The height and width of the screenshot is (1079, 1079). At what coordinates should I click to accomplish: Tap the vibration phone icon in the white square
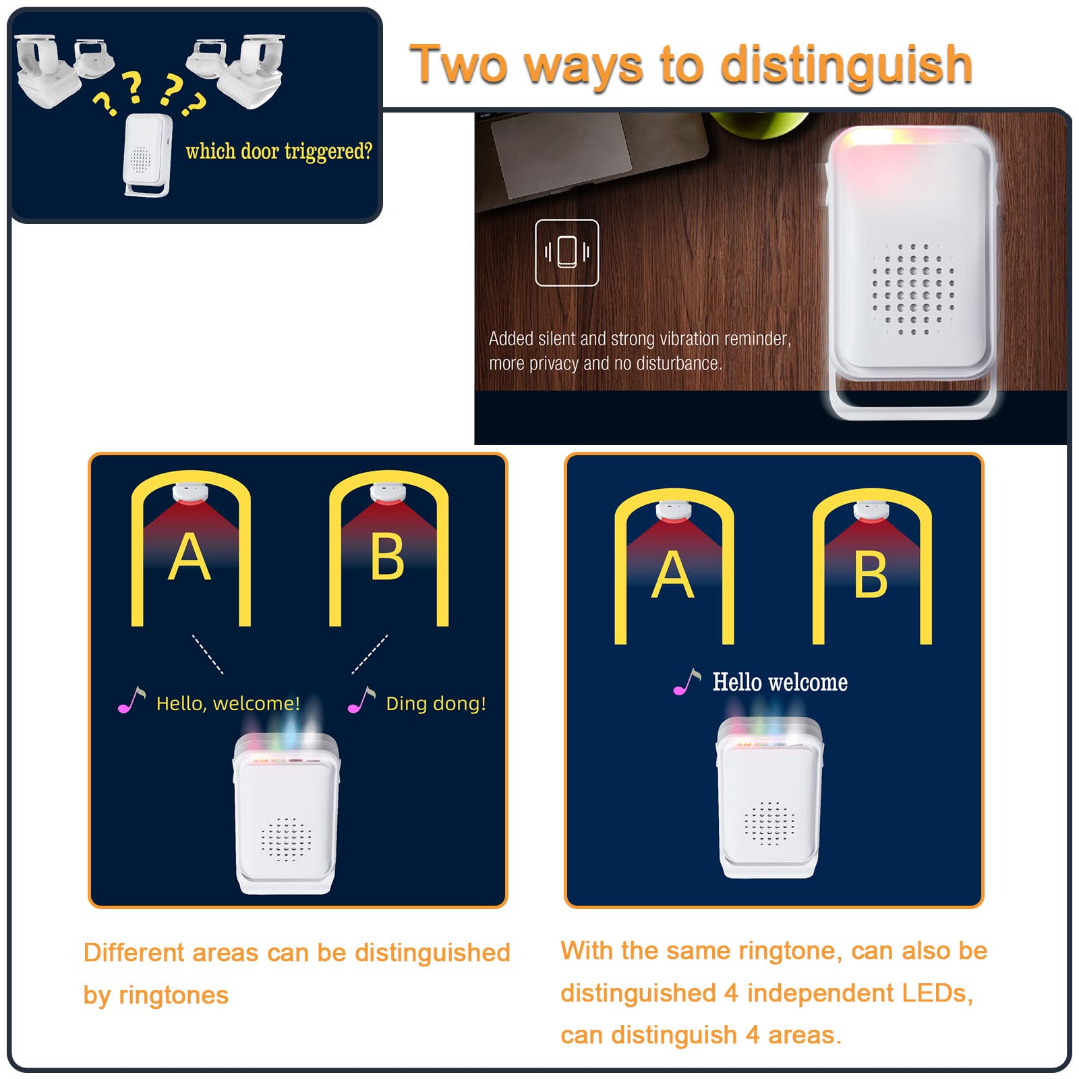(566, 252)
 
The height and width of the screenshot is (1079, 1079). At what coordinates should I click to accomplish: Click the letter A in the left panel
(189, 557)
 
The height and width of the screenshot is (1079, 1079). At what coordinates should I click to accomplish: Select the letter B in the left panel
(387, 557)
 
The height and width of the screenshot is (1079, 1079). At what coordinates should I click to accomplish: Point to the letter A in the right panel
(672, 575)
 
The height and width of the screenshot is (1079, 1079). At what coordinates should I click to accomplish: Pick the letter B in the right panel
(871, 575)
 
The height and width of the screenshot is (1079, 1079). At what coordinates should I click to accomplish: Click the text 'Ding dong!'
(436, 703)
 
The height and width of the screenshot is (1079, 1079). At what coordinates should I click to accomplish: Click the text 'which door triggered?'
(279, 151)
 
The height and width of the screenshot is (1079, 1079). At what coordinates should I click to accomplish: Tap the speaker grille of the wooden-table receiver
(913, 289)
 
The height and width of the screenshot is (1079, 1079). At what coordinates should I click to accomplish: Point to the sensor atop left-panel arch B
(388, 494)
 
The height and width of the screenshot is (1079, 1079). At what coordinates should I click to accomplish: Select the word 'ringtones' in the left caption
(173, 995)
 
